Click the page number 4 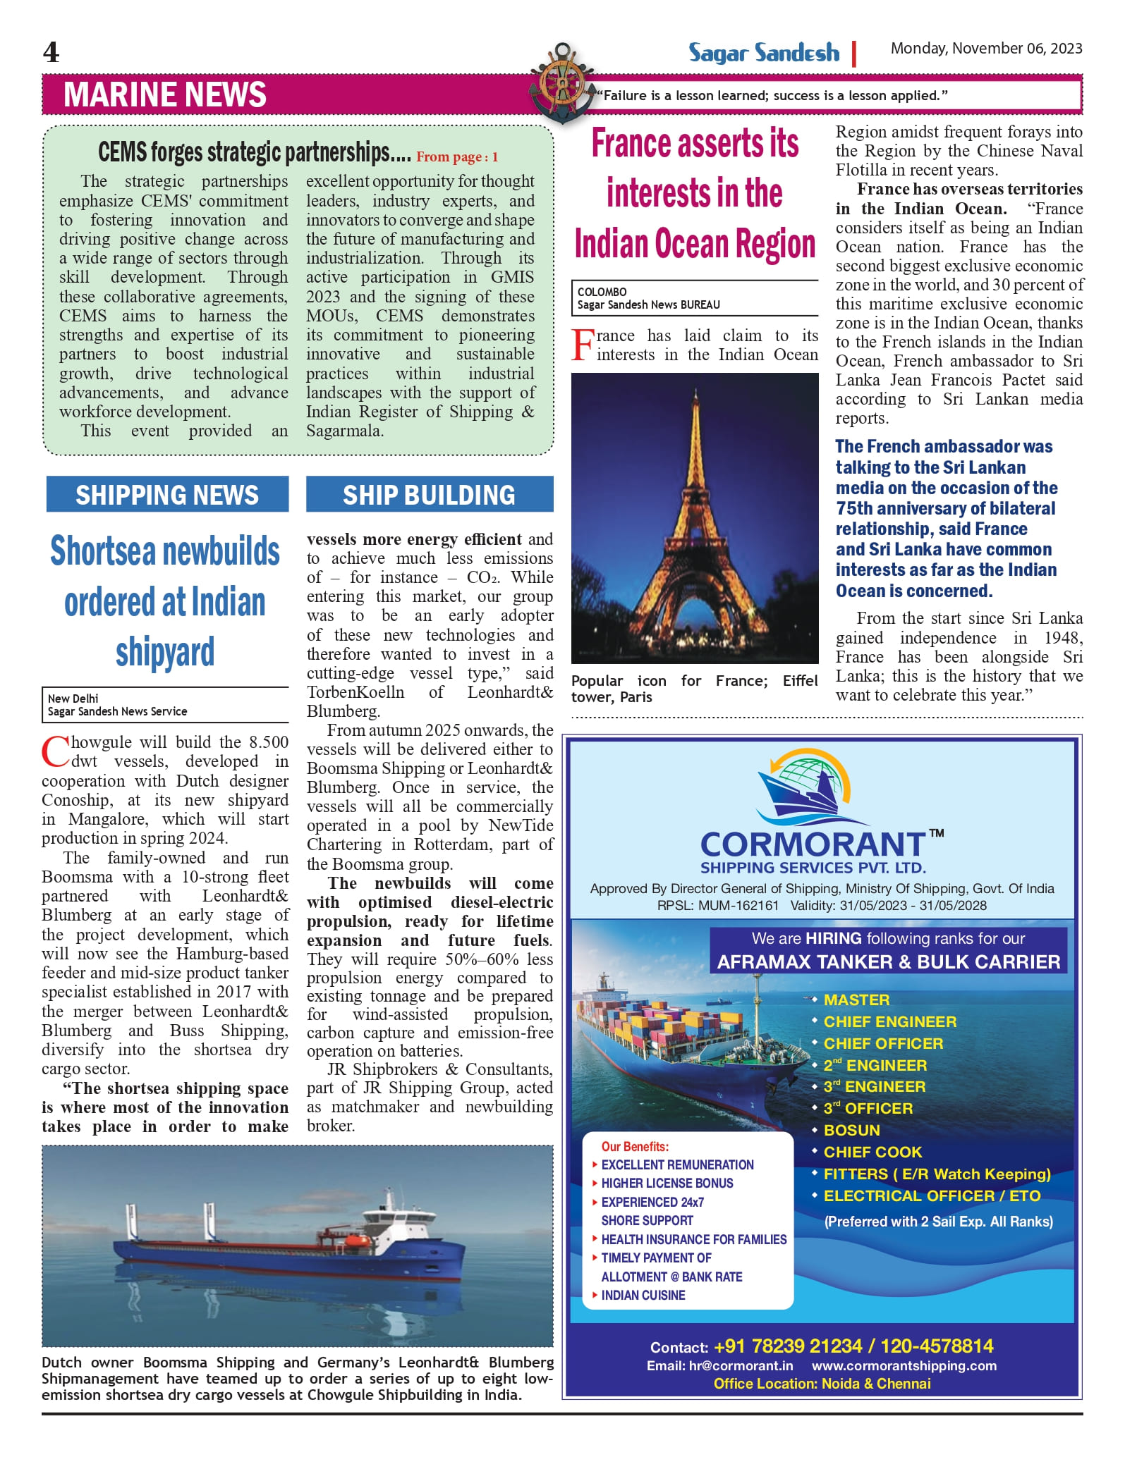pyautogui.click(x=51, y=53)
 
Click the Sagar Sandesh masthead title pyautogui.click(x=764, y=53)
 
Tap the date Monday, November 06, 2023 pyautogui.click(x=986, y=49)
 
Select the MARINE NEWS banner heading pyautogui.click(x=165, y=95)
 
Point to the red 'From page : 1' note pyautogui.click(x=457, y=157)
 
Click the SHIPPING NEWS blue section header pyautogui.click(x=167, y=495)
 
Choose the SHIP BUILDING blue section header pyautogui.click(x=429, y=495)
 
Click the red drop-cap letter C pyautogui.click(x=55, y=752)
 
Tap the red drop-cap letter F pyautogui.click(x=583, y=345)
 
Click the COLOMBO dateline pyautogui.click(x=602, y=292)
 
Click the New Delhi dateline pyautogui.click(x=73, y=699)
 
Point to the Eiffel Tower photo pyautogui.click(x=695, y=518)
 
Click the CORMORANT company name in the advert pyautogui.click(x=812, y=844)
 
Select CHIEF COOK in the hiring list pyautogui.click(x=872, y=1152)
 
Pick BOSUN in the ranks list pyautogui.click(x=851, y=1130)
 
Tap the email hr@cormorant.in pyautogui.click(x=740, y=1365)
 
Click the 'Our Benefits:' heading pyautogui.click(x=635, y=1147)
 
